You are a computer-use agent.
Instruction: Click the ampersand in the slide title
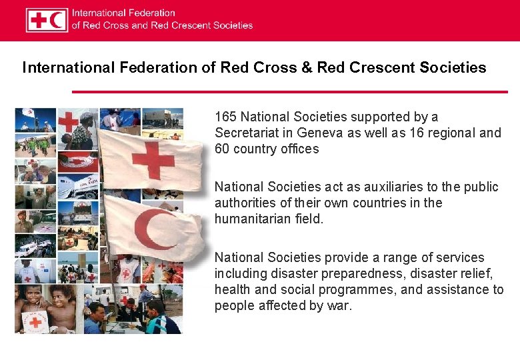(x=305, y=67)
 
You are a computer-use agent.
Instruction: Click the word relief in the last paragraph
(x=475, y=273)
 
